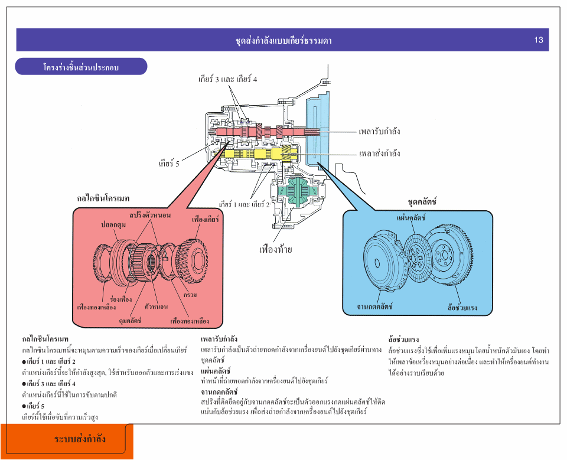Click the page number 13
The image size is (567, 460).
tap(538, 40)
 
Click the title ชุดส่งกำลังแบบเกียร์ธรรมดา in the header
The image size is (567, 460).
tap(283, 41)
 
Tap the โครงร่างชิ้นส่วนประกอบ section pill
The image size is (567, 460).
tap(81, 67)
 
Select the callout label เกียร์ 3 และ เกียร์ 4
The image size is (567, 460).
tap(227, 79)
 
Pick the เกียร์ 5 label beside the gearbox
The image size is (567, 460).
tap(168, 163)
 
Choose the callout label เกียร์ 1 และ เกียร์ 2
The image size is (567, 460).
tap(244, 204)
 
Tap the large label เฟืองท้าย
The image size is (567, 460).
tap(276, 249)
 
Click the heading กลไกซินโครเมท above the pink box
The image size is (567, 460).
tap(103, 198)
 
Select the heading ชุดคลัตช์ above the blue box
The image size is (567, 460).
tap(422, 202)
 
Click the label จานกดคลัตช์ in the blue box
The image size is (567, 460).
tap(375, 306)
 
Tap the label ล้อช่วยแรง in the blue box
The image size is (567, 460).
tap(462, 308)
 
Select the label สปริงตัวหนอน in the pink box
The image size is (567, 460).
tap(150, 215)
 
